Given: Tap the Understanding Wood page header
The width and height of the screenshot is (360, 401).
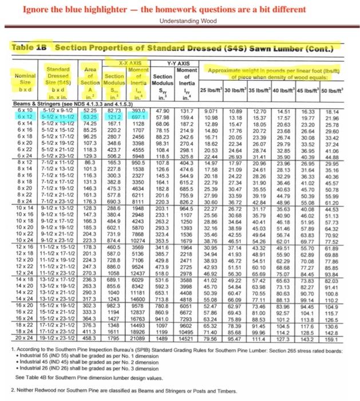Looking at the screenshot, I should (x=181, y=19).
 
